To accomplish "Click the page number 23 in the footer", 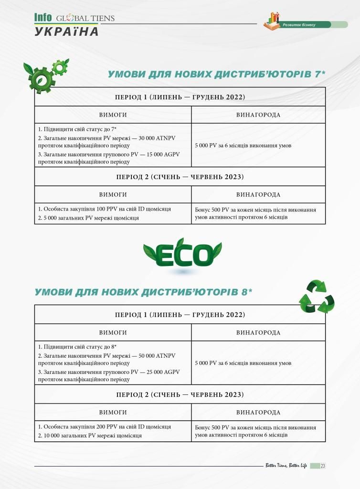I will [x=323, y=466].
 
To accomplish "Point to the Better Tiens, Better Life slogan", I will [x=286, y=466].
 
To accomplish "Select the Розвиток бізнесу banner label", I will [x=299, y=25].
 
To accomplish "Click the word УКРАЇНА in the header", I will [x=66, y=32].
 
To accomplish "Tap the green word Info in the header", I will [x=43, y=18].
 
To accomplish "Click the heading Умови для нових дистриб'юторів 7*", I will [x=216, y=74].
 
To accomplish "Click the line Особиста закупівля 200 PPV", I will [x=104, y=426].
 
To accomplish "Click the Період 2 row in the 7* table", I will [x=180, y=177].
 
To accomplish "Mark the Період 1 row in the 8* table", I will [x=180, y=315].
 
